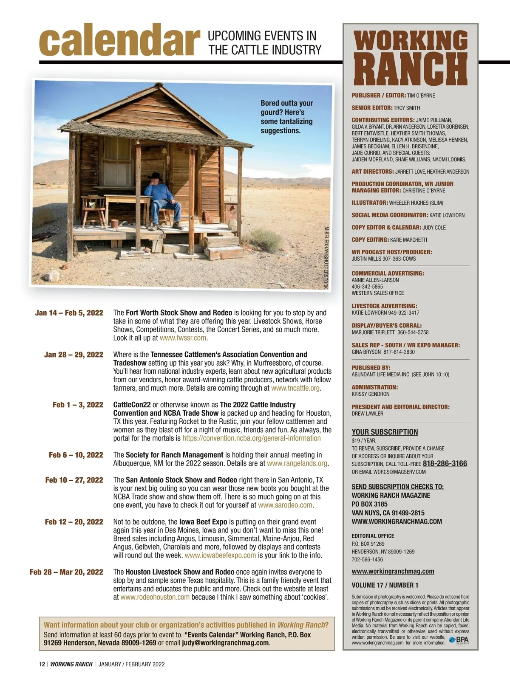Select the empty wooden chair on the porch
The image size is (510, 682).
pos(93,210)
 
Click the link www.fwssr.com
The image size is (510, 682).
pos(183,338)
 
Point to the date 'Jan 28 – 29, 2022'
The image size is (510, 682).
pos(74,355)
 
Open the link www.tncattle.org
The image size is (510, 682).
pos(295,388)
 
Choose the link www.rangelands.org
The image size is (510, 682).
pos(297,463)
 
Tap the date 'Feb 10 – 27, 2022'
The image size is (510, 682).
pos(74,480)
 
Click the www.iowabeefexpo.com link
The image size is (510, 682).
pos(220,555)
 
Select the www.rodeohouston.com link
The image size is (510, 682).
pos(155,597)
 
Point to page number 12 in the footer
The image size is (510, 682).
pos(42,664)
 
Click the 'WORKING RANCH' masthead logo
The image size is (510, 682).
pos(411,58)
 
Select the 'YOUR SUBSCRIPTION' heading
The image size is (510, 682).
pos(385,432)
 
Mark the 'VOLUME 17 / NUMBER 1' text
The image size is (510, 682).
pos(385,585)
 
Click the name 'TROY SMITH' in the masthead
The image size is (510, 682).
pos(406,108)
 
